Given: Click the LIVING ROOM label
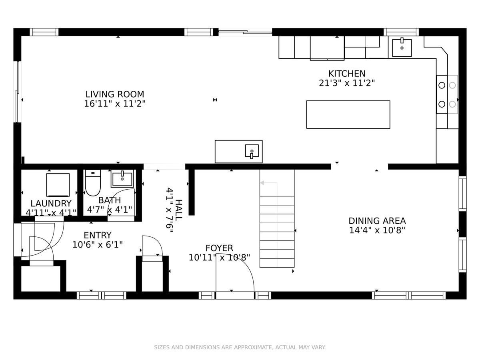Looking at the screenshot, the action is [115, 94].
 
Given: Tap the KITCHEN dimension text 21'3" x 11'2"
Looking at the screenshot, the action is [347, 83].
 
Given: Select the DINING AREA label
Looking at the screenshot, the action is [377, 221].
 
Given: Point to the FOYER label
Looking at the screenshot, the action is [219, 248].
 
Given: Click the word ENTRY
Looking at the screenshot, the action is [98, 236].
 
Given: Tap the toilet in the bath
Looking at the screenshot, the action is [93, 183].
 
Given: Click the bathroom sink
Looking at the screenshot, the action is [122, 178].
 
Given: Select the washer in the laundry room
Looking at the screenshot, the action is [58, 185].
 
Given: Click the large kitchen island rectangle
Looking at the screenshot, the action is [348, 114].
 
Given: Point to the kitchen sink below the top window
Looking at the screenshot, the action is [402, 48].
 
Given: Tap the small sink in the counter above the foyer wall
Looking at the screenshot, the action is [252, 151].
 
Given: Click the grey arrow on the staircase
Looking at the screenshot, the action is [269, 183].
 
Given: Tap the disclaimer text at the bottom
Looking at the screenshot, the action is [240, 347].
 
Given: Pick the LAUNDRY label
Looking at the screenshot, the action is [51, 204].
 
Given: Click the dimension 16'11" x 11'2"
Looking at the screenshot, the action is [115, 104].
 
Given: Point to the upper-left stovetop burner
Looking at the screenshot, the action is [442, 85].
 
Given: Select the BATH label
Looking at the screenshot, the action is [110, 200].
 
